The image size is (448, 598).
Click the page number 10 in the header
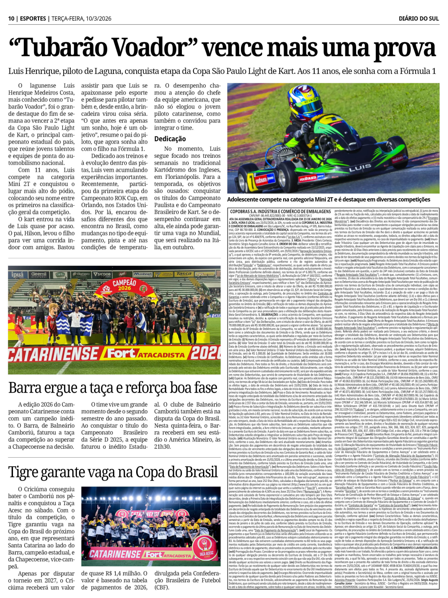tap(11, 18)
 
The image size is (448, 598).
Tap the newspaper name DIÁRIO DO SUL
tap(418, 18)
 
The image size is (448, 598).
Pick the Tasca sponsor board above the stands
tap(184, 273)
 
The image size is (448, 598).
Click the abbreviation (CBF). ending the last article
tap(162, 587)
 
